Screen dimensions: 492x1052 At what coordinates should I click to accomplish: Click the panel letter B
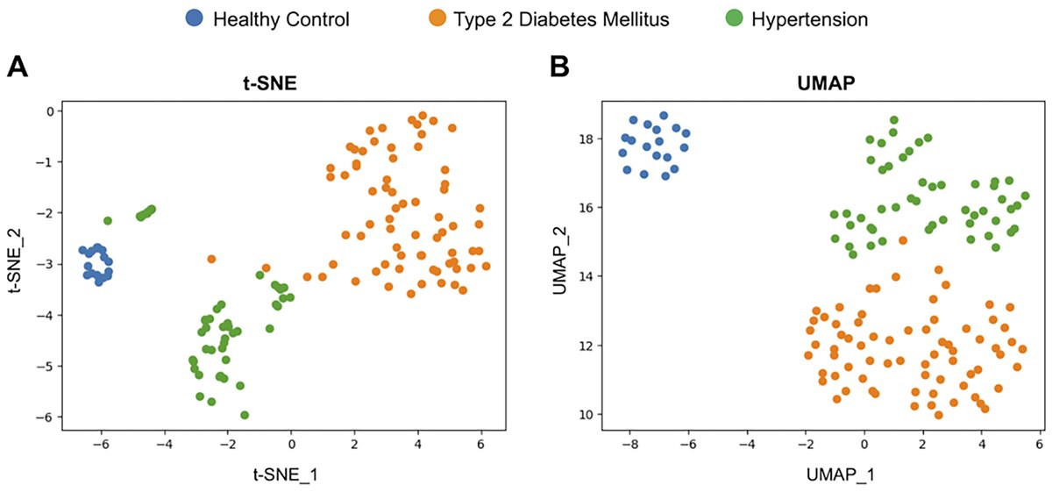558,67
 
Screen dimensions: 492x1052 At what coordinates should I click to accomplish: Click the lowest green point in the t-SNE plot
245,415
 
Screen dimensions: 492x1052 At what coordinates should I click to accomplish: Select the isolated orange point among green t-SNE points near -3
211,259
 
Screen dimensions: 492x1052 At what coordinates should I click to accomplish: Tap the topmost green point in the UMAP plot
893,120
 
